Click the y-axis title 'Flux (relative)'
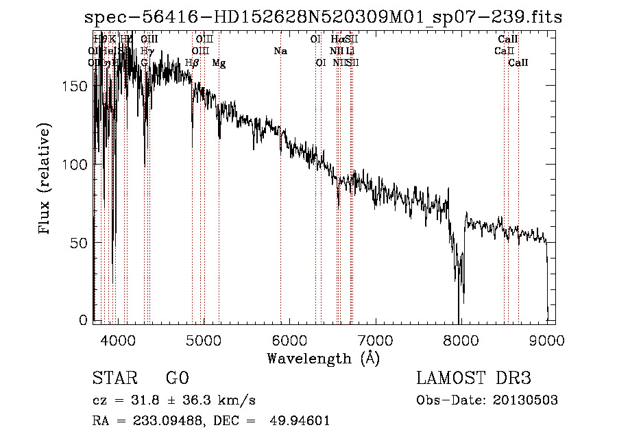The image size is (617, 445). point(45,180)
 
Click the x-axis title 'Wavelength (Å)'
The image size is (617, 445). point(323,358)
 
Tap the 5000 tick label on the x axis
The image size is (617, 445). point(203,339)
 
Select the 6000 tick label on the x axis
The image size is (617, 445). point(289,339)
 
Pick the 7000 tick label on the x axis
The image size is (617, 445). point(375,339)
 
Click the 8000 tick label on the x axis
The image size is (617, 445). point(461,339)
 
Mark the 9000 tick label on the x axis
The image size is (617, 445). point(546,339)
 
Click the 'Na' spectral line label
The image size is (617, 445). point(280,51)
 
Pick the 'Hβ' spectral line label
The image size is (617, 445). point(192,62)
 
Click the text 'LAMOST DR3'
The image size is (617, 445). point(473,378)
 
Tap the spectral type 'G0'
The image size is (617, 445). point(177,378)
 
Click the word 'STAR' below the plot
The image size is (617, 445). point(114,378)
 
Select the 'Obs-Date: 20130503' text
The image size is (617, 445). point(487,400)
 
